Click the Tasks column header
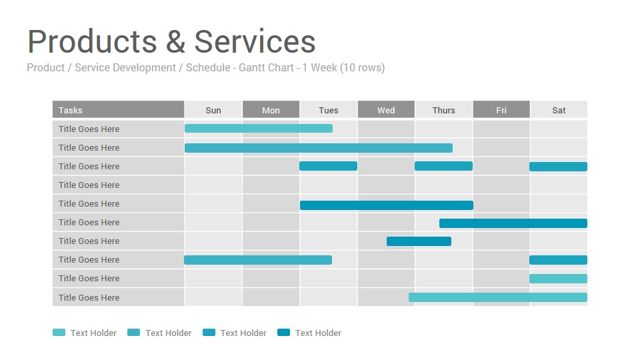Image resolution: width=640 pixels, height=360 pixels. click(119, 110)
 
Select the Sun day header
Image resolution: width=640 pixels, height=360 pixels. click(213, 110)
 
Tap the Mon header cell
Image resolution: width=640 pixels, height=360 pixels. click(271, 110)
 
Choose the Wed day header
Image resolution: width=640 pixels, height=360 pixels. click(386, 110)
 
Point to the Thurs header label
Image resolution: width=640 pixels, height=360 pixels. click(444, 110)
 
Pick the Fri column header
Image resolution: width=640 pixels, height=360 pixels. click(501, 110)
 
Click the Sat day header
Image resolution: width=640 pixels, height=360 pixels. click(559, 110)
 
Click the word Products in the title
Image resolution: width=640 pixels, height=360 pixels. click(92, 41)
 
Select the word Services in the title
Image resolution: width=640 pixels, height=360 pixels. click(255, 41)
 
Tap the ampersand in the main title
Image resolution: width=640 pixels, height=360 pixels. click(175, 41)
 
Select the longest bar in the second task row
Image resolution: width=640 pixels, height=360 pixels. click(319, 148)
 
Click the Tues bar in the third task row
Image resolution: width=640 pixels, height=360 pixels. click(328, 166)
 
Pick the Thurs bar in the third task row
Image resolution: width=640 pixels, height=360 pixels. click(444, 166)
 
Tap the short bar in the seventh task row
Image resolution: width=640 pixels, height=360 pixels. click(419, 241)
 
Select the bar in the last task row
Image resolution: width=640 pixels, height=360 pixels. click(498, 297)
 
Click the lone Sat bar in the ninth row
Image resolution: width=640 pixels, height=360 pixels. click(559, 279)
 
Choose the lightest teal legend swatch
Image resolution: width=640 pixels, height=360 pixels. click(59, 333)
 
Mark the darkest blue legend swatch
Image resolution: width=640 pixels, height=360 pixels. click(284, 333)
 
